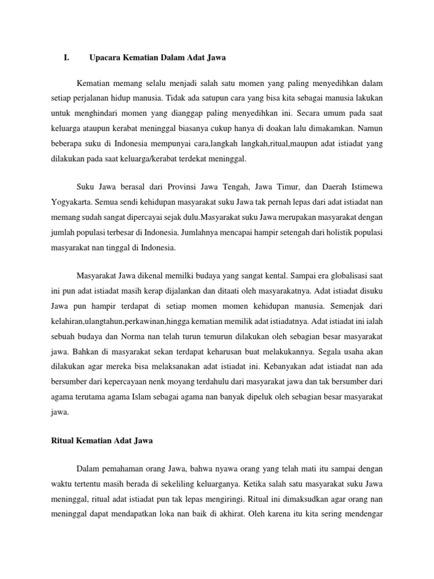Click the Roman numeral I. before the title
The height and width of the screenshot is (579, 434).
[66, 57]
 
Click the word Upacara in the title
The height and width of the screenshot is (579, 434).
[106, 57]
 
